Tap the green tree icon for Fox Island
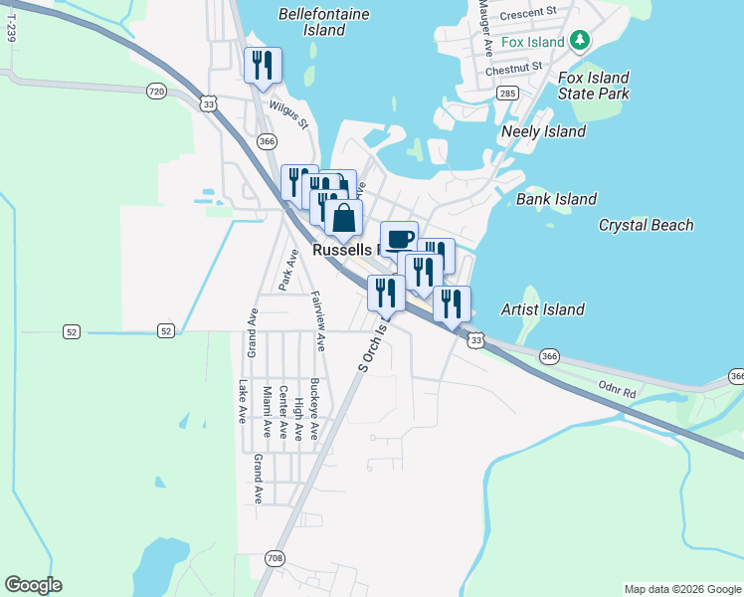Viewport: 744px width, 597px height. coord(581,42)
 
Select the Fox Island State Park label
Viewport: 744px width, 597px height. coord(594,86)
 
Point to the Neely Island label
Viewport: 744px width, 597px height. coord(544,131)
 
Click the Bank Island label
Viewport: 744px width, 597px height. coord(557,199)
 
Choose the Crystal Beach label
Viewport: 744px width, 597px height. coord(646,225)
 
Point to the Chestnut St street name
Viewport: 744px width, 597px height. coord(513,68)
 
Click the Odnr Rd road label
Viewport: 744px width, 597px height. coord(617,389)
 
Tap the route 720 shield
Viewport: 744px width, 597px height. coord(156,92)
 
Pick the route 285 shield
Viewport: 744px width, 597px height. coord(507,94)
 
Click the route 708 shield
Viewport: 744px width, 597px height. coord(275,559)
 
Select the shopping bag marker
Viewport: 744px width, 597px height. coord(343,217)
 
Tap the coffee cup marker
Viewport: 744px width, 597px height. coord(399,238)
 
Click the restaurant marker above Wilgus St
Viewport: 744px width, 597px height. coord(263,65)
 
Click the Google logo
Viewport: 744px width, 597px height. coord(33,585)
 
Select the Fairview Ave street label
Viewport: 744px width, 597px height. coord(317,320)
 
